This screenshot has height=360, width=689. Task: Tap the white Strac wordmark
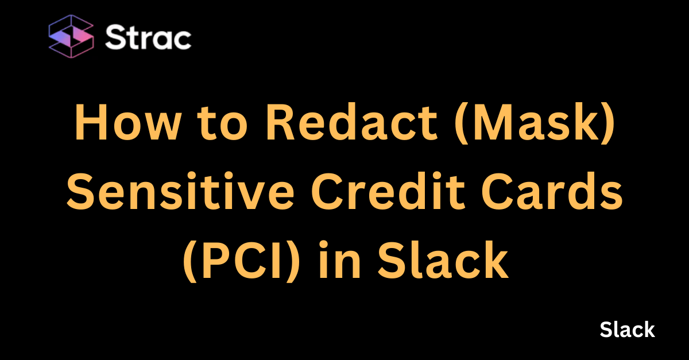coord(148,38)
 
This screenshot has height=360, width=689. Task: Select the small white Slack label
coord(627,330)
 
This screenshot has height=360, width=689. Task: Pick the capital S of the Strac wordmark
coord(114,38)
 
